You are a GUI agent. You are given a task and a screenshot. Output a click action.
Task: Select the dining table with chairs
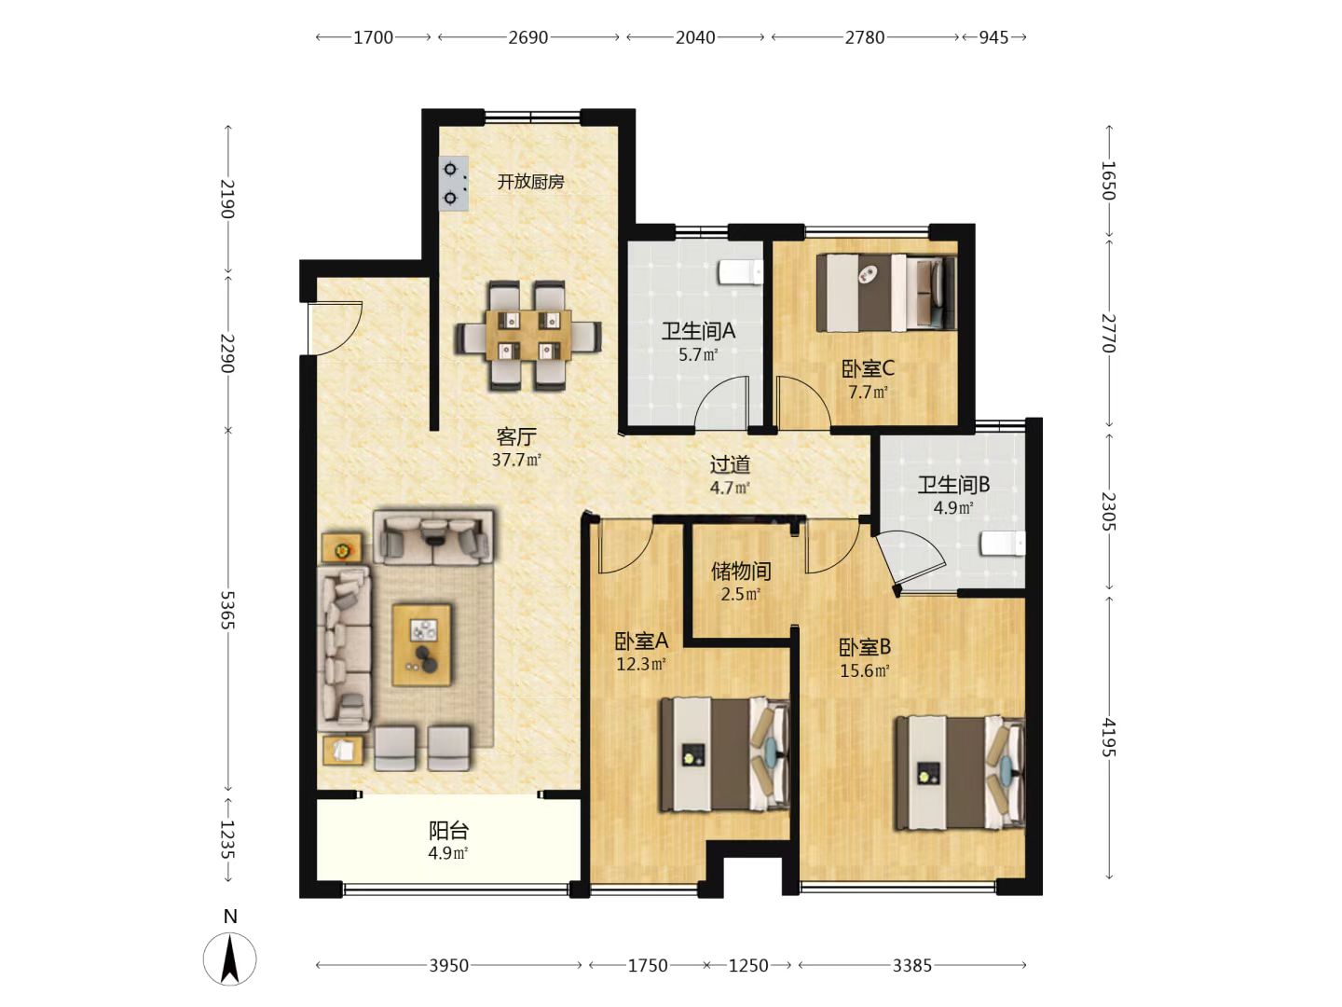(x=528, y=335)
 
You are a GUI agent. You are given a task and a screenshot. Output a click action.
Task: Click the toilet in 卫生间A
(x=740, y=272)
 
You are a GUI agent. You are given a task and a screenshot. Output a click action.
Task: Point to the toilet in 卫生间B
(x=1003, y=544)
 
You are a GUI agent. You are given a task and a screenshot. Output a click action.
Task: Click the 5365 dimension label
(x=227, y=610)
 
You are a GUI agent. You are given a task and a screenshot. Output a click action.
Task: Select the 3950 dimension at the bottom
(x=449, y=965)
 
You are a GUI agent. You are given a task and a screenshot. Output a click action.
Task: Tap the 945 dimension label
(x=993, y=37)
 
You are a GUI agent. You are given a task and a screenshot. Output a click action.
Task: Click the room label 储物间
(x=741, y=571)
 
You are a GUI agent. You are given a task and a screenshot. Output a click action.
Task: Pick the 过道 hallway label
(x=730, y=464)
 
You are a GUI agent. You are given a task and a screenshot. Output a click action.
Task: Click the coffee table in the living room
(x=422, y=645)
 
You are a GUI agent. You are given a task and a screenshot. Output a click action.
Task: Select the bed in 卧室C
(x=886, y=293)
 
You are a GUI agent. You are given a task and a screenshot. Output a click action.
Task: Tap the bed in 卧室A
(x=725, y=755)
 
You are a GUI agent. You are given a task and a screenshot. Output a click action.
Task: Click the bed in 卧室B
(x=960, y=774)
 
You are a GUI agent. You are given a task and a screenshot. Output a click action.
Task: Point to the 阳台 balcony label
(x=449, y=831)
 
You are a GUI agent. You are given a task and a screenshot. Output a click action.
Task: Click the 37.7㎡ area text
(x=516, y=460)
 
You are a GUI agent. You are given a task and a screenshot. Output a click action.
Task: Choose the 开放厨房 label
(x=530, y=182)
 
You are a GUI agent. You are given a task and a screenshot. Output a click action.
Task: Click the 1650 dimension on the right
(x=1108, y=180)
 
